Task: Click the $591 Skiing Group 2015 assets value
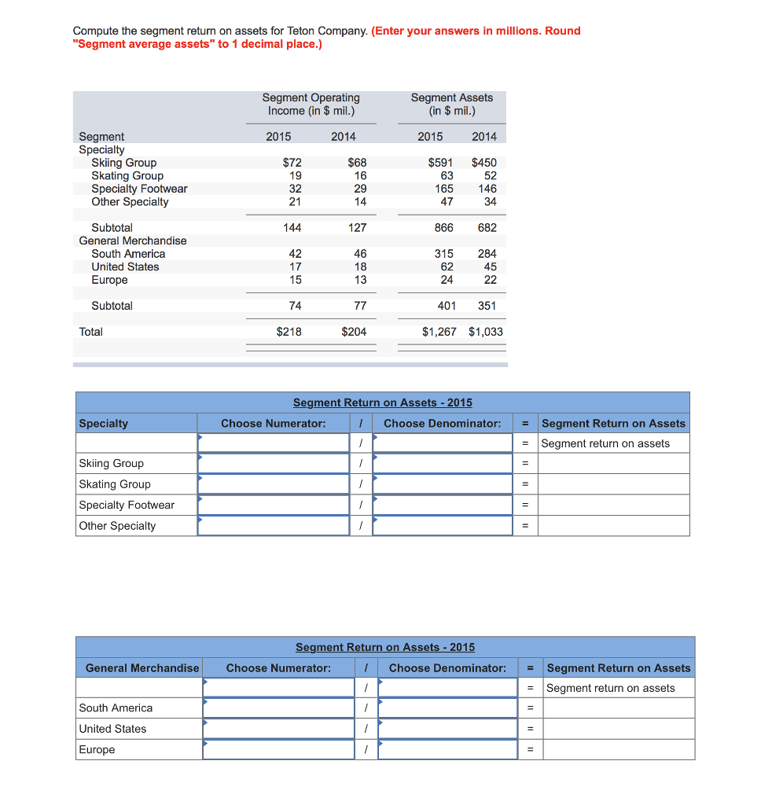coord(440,163)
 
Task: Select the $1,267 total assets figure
coord(439,332)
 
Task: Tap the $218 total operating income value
coord(289,332)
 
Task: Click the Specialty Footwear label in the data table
coord(139,189)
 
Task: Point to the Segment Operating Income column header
coord(311,104)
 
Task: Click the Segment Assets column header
coord(451,104)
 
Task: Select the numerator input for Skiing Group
coord(273,464)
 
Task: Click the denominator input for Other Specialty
coord(443,526)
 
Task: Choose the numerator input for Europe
coord(278,750)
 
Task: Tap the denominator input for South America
coord(447,708)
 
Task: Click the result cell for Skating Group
coord(613,484)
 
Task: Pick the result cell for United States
coord(619,729)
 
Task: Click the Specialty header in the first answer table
coord(104,423)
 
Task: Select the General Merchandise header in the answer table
coord(142,668)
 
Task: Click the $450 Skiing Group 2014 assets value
coord(483,163)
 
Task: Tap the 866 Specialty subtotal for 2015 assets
coord(443,228)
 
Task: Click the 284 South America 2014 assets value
coord(487,254)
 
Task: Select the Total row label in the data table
coord(91,332)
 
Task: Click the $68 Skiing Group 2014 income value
coord(357,163)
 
